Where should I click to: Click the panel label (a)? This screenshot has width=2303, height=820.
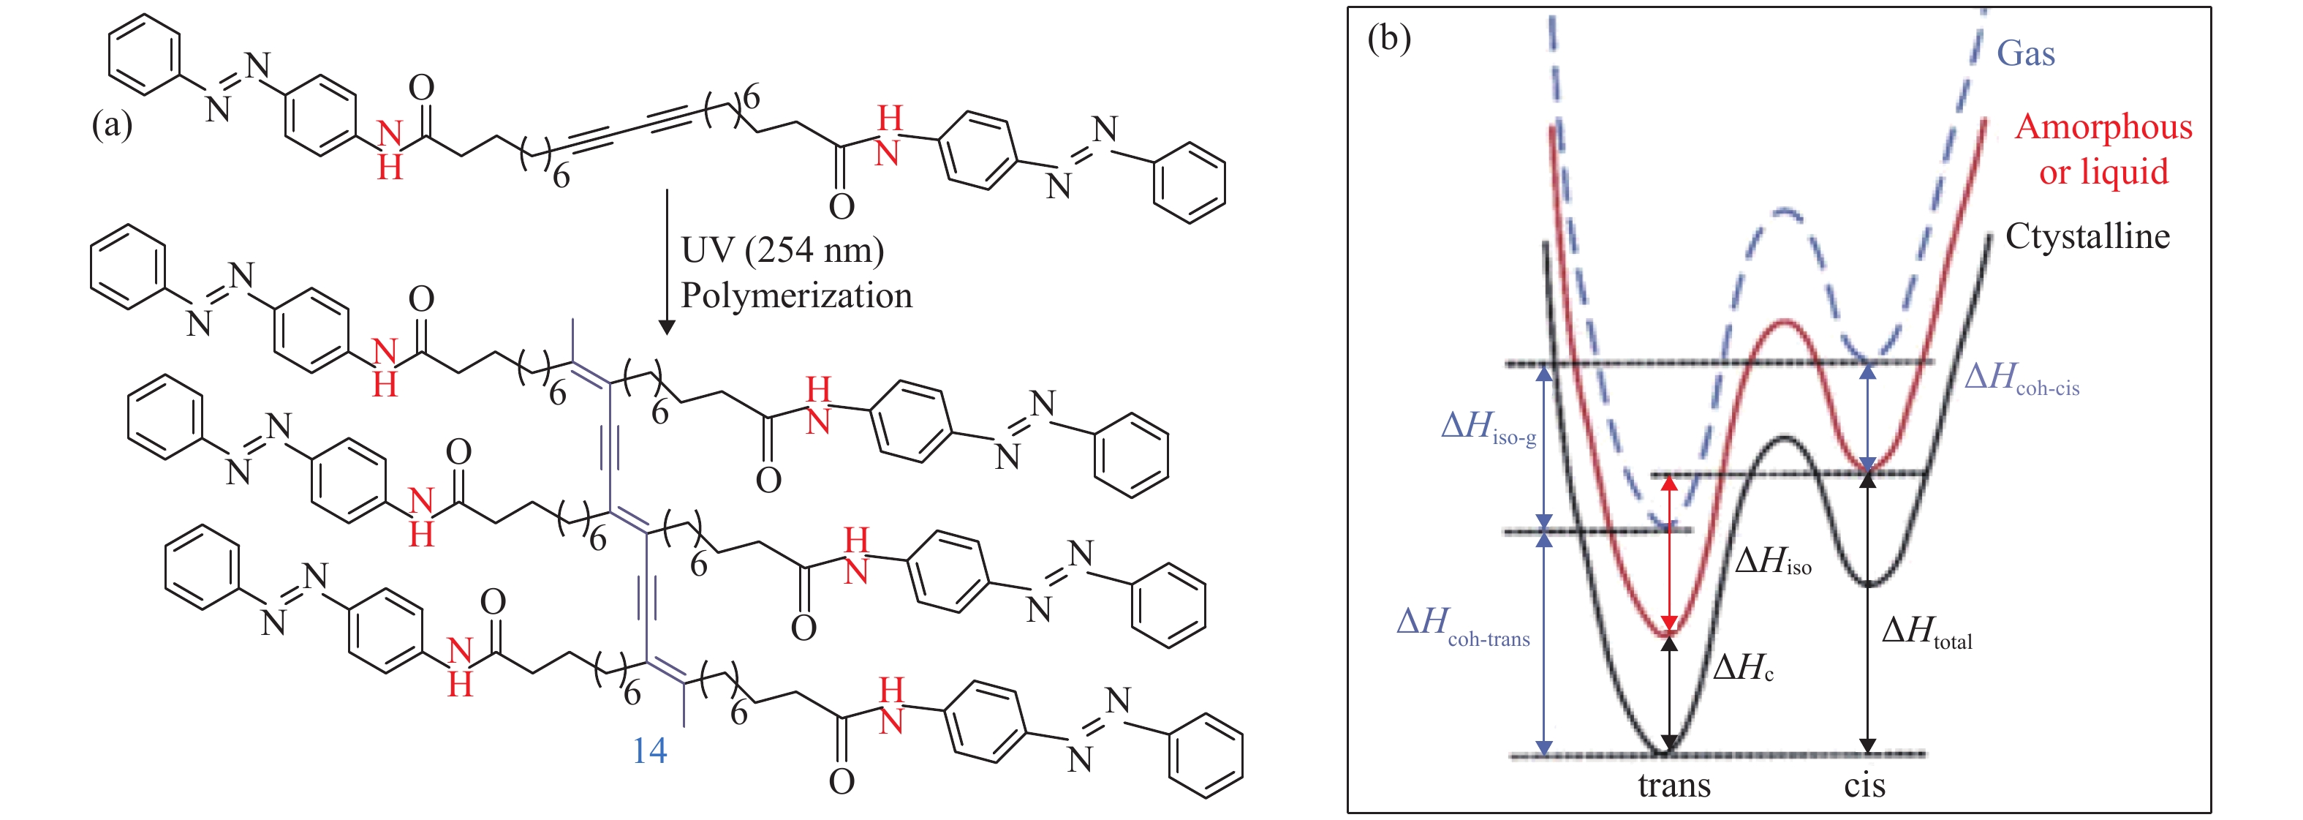pos(112,124)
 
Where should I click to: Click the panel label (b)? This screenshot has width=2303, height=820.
pos(1388,39)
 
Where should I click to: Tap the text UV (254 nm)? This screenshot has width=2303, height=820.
pos(782,250)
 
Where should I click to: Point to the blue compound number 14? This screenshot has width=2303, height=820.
pos(650,751)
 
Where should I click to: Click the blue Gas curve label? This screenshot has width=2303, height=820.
pos(2025,53)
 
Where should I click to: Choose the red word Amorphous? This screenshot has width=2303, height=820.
pos(2103,127)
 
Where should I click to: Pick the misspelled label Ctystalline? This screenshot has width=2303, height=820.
pos(2087,236)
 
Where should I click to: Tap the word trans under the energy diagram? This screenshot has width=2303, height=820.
pos(1674,785)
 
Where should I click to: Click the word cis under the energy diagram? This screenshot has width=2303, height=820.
pos(1864,785)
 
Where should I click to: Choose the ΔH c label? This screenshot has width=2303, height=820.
pos(1742,668)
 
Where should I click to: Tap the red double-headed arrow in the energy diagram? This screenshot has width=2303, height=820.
pos(1669,554)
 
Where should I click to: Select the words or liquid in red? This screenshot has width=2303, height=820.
pos(2103,172)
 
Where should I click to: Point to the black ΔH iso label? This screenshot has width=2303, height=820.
pos(1772,562)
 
